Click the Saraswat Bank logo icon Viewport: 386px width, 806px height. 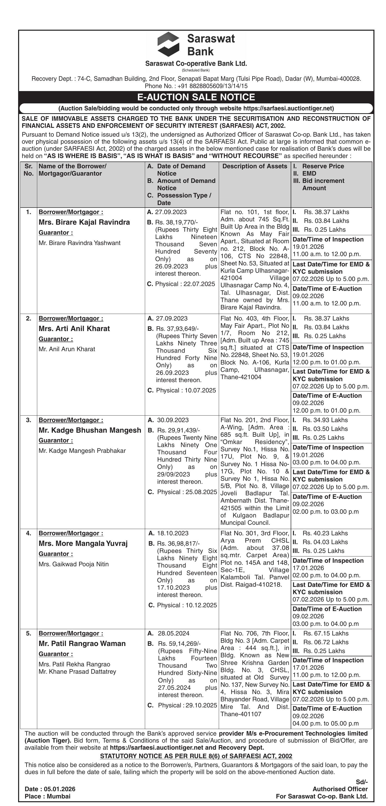[x=168, y=44]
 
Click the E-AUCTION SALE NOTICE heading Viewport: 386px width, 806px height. [x=196, y=97]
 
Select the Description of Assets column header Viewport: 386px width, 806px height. [x=255, y=166]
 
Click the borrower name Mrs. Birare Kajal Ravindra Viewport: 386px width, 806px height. [x=84, y=222]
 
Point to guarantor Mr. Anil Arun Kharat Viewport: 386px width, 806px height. [x=67, y=349]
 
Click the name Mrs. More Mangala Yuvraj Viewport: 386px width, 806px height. [x=83, y=543]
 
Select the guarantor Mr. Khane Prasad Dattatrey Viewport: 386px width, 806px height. [x=77, y=671]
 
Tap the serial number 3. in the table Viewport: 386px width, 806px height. [x=28, y=420]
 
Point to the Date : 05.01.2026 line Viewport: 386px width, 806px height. [x=50, y=789]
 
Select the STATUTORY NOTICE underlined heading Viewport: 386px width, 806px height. [x=196, y=756]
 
